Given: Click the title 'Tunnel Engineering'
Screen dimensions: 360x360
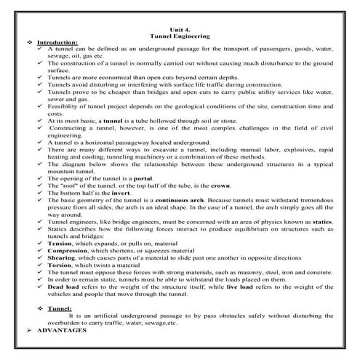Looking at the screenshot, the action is [x=179, y=34].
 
